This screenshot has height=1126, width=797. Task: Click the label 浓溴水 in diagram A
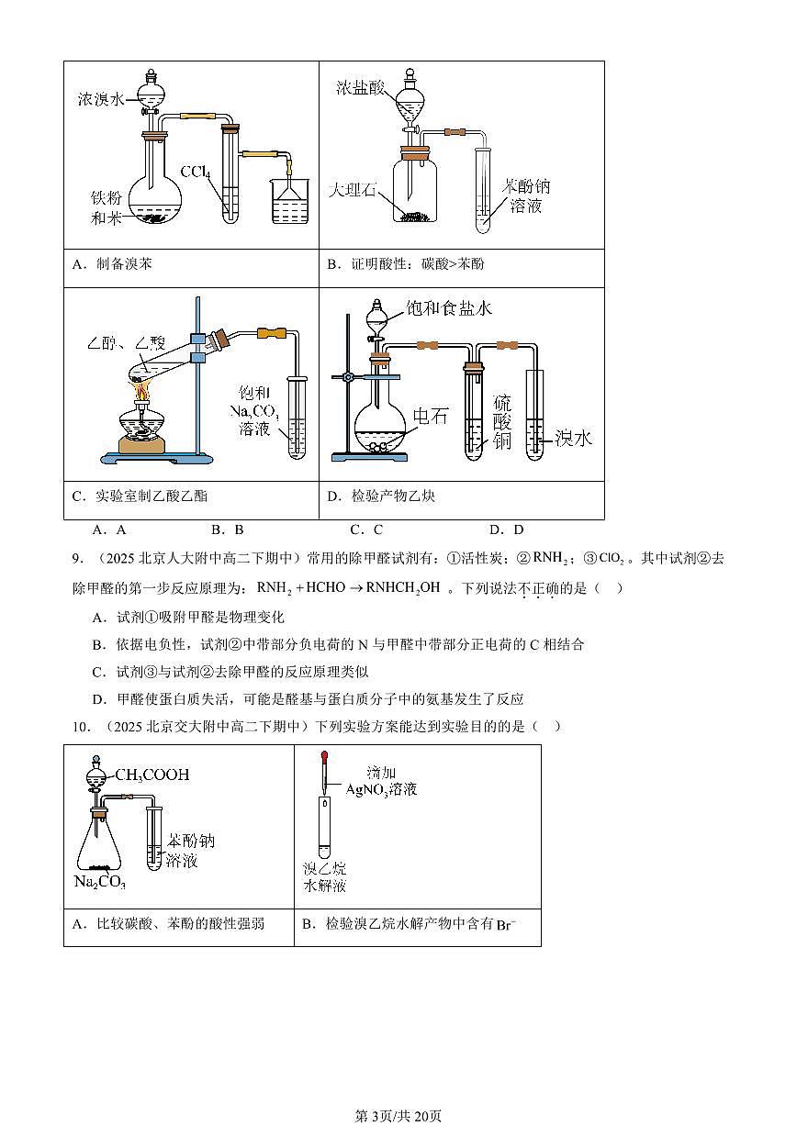click(x=100, y=99)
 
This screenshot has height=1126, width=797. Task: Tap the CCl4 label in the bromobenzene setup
click(x=196, y=172)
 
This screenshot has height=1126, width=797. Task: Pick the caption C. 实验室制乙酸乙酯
click(x=140, y=496)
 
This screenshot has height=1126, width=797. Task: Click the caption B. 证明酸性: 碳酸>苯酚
click(x=405, y=264)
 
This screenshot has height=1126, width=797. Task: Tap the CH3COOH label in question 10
click(x=152, y=775)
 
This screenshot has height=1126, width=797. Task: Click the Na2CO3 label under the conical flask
click(x=99, y=883)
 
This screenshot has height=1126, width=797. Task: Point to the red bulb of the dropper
click(x=325, y=758)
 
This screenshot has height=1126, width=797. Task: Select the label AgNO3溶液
click(x=381, y=788)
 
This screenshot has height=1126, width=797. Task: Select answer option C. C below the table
click(x=366, y=530)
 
